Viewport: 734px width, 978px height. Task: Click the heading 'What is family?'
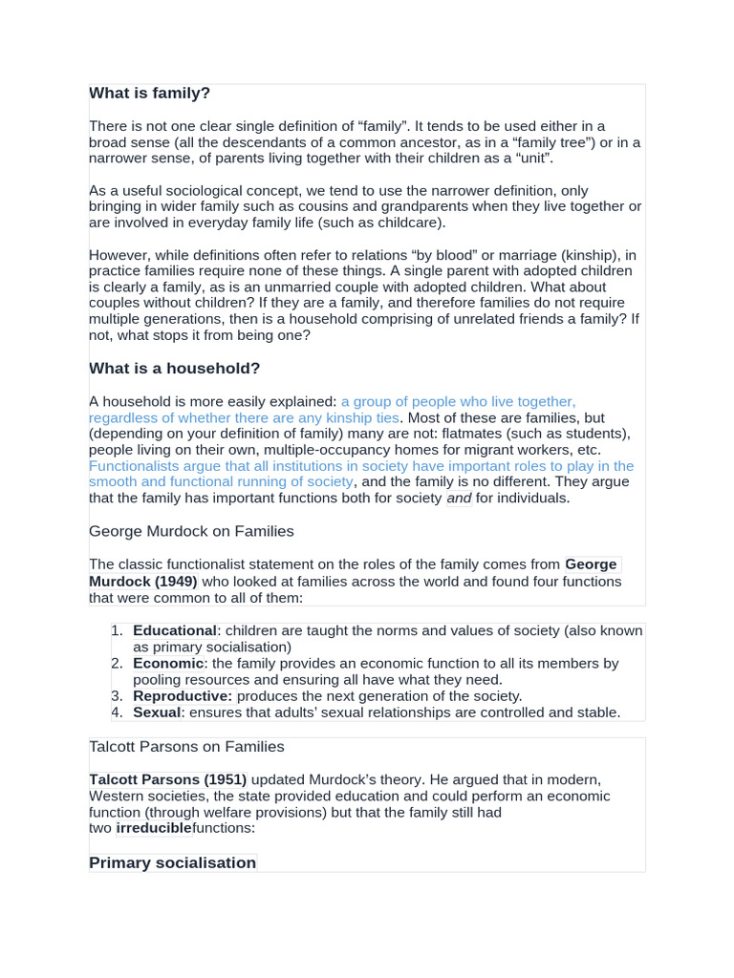[149, 93]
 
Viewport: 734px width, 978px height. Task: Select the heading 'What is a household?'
[174, 369]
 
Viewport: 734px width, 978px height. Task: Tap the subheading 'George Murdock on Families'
[191, 531]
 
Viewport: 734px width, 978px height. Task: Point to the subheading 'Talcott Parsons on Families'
[186, 747]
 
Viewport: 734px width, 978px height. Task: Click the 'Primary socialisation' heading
[172, 862]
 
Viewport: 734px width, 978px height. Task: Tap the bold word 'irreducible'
[154, 828]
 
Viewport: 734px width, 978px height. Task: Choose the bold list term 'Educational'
[175, 631]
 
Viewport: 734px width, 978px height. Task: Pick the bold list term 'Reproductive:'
[183, 696]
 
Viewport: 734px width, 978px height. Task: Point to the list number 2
[116, 664]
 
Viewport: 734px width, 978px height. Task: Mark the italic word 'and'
[459, 499]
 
